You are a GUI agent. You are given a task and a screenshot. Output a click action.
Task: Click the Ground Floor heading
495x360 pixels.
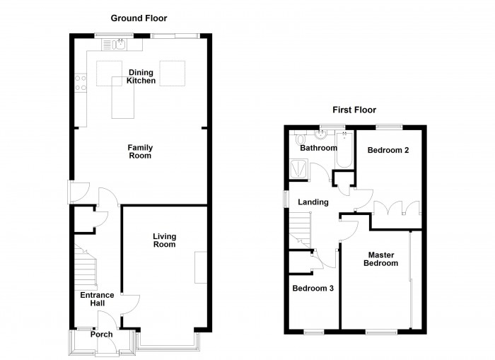click(139, 18)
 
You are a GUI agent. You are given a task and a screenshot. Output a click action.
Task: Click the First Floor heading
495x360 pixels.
click(354, 110)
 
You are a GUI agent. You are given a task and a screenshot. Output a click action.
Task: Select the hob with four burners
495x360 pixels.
click(81, 83)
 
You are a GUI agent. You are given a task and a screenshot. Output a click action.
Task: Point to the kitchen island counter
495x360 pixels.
click(123, 98)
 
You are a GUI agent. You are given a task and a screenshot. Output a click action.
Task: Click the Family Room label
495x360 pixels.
click(140, 151)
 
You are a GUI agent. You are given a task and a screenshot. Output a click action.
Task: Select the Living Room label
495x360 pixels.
click(165, 240)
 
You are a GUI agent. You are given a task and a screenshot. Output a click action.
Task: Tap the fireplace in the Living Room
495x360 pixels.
click(201, 267)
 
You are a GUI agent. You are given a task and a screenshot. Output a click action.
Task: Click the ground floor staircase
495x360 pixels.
click(86, 268)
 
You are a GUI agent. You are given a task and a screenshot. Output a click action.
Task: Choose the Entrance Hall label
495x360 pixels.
click(98, 299)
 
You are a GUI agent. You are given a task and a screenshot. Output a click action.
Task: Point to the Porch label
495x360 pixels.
click(101, 335)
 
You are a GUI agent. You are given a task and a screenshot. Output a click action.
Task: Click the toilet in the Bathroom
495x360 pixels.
click(300, 139)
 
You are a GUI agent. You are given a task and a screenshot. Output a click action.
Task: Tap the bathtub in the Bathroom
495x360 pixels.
click(344, 150)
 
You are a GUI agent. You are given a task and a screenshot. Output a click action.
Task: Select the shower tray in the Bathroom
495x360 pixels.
click(298, 169)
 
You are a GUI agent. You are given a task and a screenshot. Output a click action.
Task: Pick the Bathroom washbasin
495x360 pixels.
click(321, 136)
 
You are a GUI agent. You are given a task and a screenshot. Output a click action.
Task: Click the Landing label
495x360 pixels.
click(313, 202)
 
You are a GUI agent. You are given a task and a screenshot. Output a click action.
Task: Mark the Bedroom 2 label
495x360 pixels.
click(388, 151)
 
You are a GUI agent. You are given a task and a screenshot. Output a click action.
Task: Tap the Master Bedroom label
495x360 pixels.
click(380, 259)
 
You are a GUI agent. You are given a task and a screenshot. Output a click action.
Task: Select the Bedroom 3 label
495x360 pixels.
click(313, 289)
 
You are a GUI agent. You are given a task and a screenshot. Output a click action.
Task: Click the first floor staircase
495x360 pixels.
click(301, 230)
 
